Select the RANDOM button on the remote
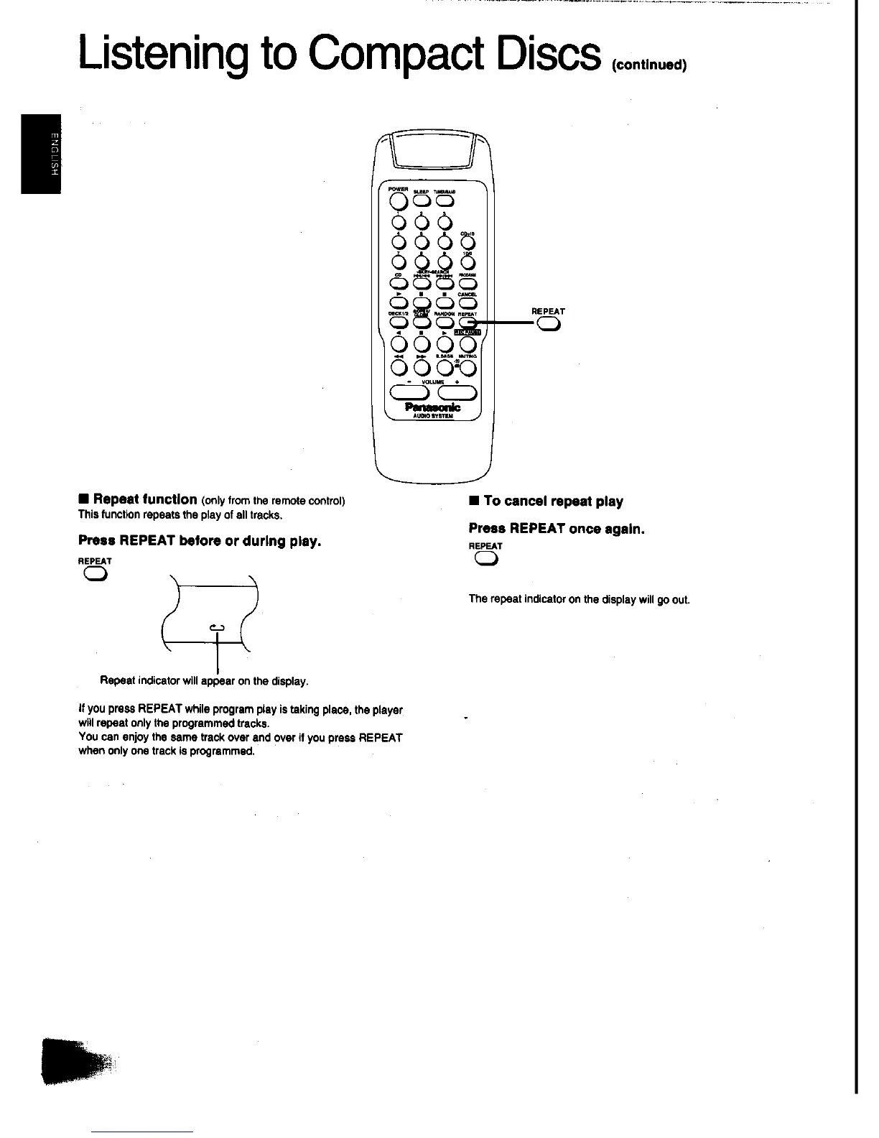pos(443,323)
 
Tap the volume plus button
pos(457,392)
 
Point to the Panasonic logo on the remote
pos(433,407)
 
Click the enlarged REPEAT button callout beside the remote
pos(549,325)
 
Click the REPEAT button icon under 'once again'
pos(486,561)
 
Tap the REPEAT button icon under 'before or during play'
pos(96,573)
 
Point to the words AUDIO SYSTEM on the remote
pos(433,416)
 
